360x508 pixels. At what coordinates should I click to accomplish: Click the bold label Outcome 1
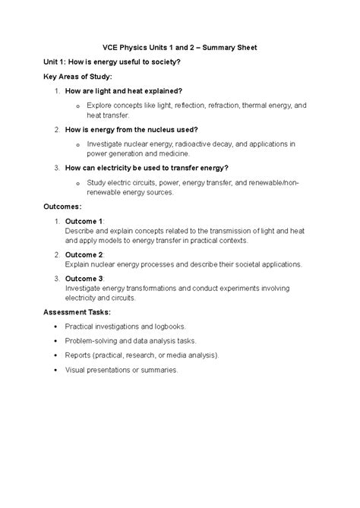pos(84,220)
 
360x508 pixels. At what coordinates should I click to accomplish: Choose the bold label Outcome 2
pos(84,254)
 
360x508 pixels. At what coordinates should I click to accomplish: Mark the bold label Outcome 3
pos(84,279)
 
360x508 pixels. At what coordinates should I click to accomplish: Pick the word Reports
pos(78,355)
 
